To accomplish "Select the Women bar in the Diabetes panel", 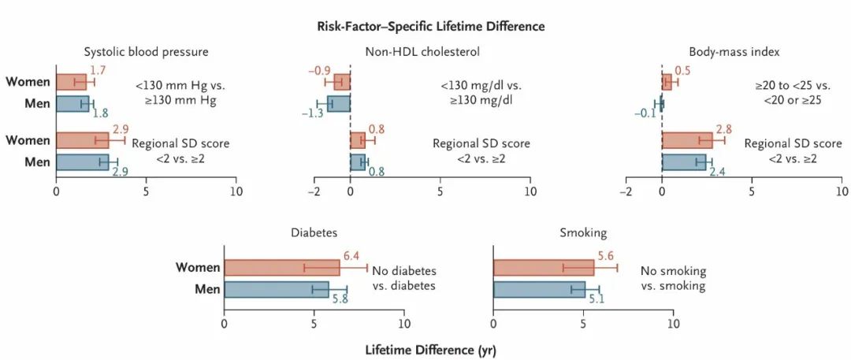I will tap(282, 268).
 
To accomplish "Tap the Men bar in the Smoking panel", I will tap(539, 289).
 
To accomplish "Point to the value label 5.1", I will tap(596, 299).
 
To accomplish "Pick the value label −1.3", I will tap(313, 113).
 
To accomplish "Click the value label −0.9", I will tap(319, 71).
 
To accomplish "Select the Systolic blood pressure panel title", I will tap(146, 52).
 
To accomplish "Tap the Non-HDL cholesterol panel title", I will tap(422, 52).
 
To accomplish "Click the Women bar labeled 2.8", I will tap(687, 140).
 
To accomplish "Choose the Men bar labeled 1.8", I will tap(72, 103).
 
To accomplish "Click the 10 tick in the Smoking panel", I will tap(672, 323).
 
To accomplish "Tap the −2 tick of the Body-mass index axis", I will tap(626, 191).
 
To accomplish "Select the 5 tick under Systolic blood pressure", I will tap(146, 191).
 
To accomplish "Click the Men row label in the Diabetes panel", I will tap(207, 289).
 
